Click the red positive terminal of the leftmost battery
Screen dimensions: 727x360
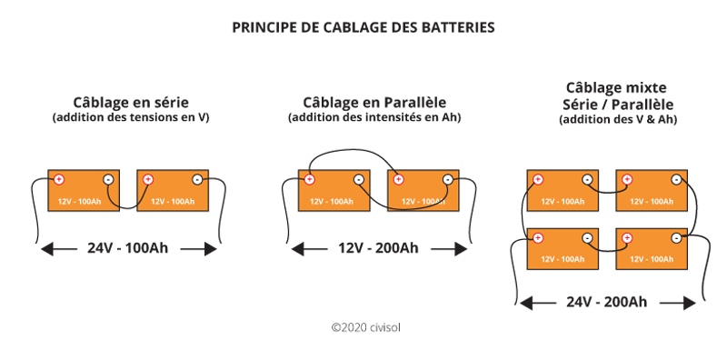coord(59,179)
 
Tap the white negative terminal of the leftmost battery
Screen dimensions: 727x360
coord(108,179)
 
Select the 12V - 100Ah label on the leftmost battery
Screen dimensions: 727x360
coord(79,202)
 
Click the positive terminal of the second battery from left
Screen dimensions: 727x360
coord(148,179)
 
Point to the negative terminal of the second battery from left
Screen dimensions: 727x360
coord(197,179)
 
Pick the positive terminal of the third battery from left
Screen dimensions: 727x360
coord(310,179)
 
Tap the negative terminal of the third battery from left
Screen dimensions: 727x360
coord(359,179)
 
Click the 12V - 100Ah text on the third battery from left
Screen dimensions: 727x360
coord(331,202)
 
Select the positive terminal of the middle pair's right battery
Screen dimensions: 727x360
coord(398,179)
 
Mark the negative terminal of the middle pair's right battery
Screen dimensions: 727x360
coord(447,179)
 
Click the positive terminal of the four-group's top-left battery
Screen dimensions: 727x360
coord(538,180)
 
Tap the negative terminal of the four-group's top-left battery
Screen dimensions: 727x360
coord(587,180)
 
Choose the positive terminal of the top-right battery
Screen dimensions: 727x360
coord(627,180)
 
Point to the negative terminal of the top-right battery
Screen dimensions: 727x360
coord(676,180)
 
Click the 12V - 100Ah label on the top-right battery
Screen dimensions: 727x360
coord(652,202)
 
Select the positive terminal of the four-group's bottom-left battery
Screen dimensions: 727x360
coord(538,238)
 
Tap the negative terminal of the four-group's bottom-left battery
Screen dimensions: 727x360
coord(587,238)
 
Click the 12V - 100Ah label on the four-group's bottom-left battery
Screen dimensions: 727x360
coord(563,260)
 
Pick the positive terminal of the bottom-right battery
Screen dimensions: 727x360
coord(627,238)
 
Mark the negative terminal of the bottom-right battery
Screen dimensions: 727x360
coord(676,238)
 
